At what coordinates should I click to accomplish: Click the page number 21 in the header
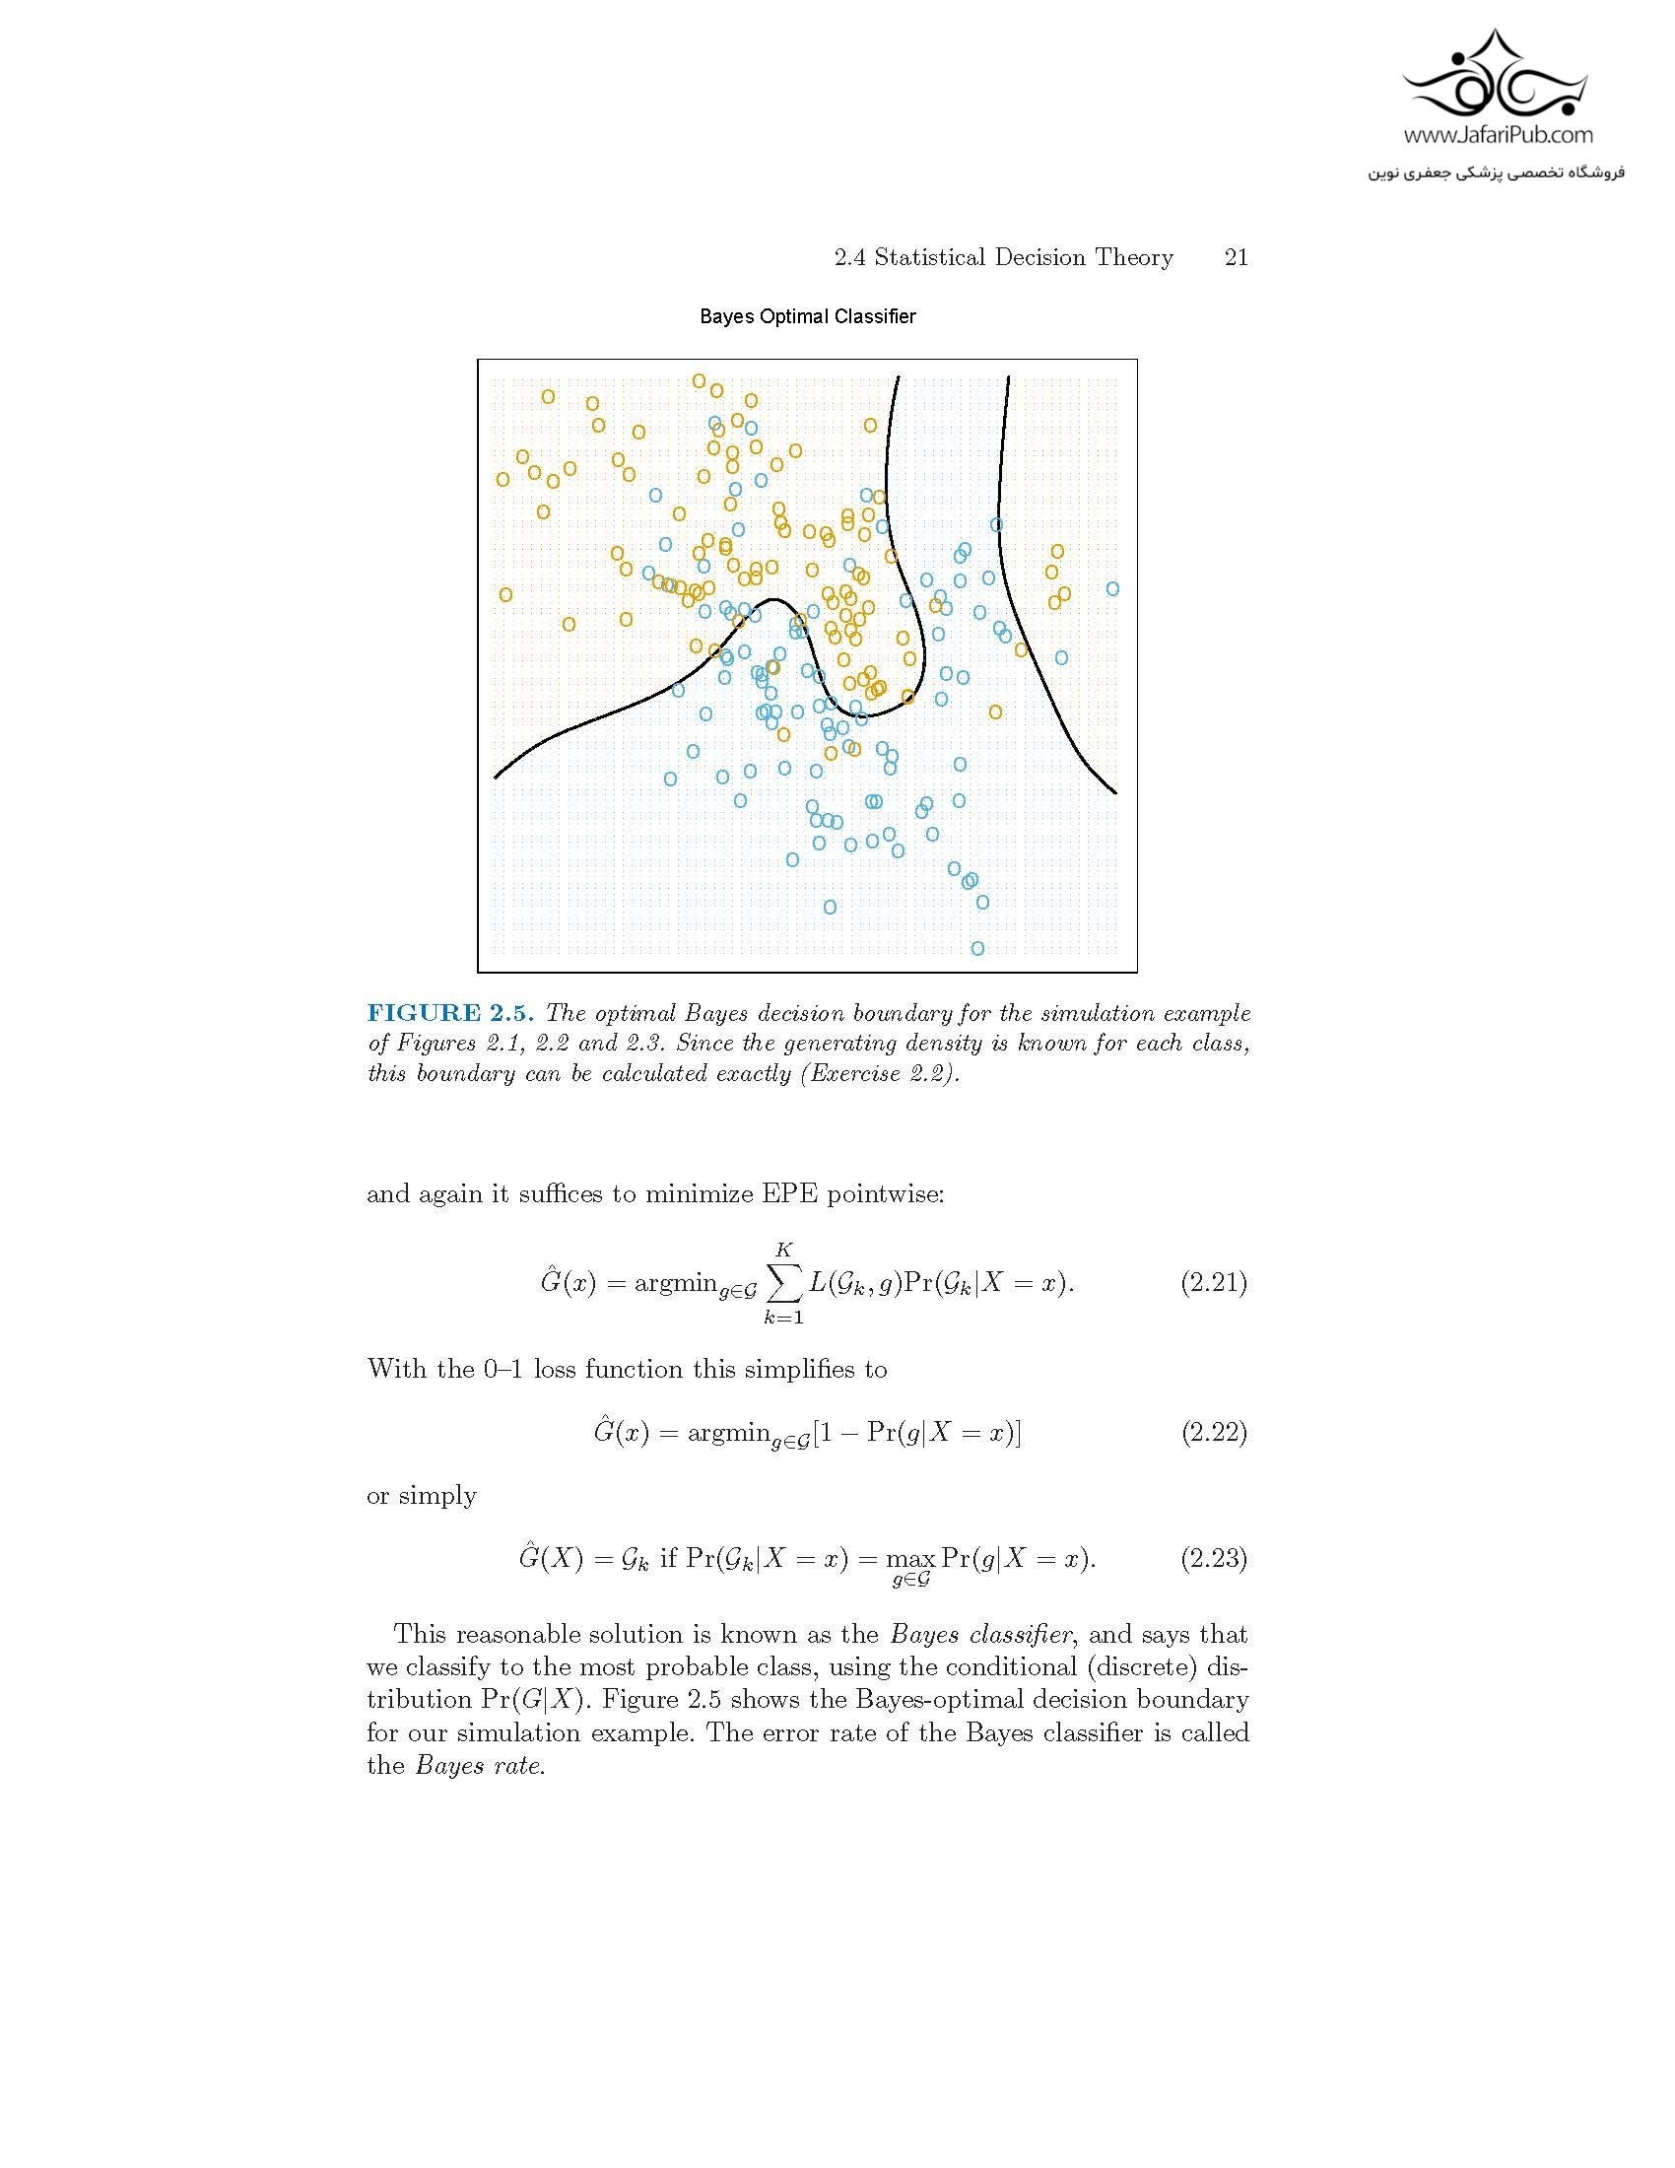(x=1236, y=258)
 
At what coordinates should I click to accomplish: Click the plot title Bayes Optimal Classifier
(x=807, y=316)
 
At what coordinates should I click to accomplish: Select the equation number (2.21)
(x=1213, y=1282)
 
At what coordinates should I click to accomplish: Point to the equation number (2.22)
(x=1213, y=1433)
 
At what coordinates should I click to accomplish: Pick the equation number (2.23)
(x=1213, y=1559)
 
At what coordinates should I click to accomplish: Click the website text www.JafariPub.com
(x=1498, y=135)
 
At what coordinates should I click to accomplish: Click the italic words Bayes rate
(x=479, y=1766)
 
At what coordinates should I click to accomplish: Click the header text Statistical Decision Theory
(x=1023, y=258)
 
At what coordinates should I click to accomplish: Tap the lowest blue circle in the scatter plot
(x=977, y=948)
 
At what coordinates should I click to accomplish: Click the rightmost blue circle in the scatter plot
(x=1112, y=588)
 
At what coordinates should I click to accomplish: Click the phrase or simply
(x=422, y=1496)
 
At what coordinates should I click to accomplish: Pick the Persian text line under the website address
(x=1498, y=172)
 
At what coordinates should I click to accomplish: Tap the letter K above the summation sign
(x=784, y=1250)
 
